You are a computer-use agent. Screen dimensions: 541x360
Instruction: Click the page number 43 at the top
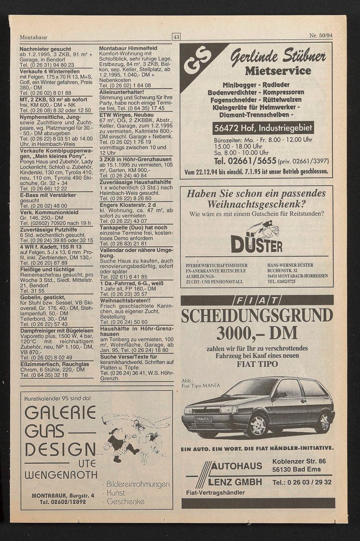pyautogui.click(x=176, y=37)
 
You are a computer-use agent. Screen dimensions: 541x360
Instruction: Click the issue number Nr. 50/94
pyautogui.click(x=321, y=36)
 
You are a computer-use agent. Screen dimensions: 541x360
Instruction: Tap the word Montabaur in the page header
pyautogui.click(x=33, y=37)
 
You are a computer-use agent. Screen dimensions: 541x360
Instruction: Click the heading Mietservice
pyautogui.click(x=278, y=70)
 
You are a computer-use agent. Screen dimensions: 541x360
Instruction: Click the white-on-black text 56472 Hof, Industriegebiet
pyautogui.click(x=262, y=128)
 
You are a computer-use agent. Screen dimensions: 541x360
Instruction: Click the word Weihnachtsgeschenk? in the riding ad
pyautogui.click(x=256, y=204)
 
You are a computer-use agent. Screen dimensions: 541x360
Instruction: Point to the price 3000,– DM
pyautogui.click(x=257, y=333)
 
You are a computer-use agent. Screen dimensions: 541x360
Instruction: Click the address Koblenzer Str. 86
pyautogui.click(x=299, y=461)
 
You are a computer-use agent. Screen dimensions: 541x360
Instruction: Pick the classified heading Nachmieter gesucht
pyautogui.click(x=45, y=49)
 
